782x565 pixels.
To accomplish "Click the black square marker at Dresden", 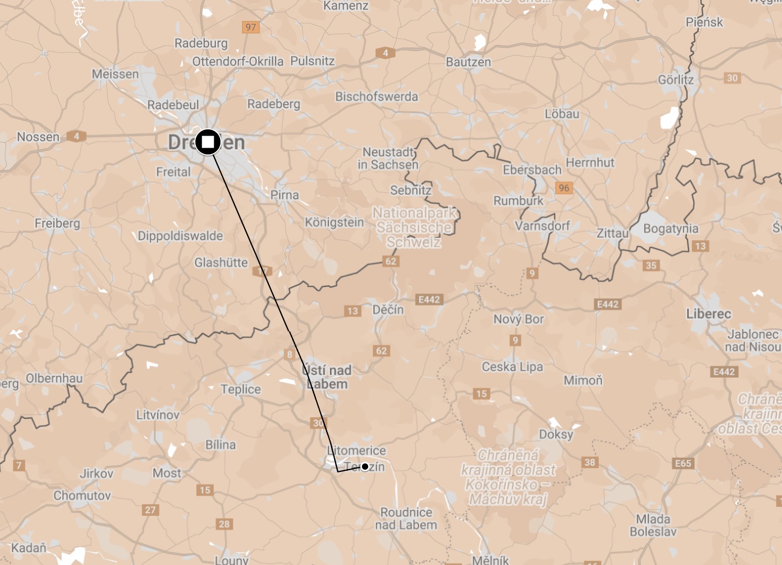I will coord(208,142).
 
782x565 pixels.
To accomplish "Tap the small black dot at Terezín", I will coord(365,467).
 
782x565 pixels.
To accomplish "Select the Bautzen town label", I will coord(468,62).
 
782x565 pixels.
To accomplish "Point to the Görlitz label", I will coord(676,80).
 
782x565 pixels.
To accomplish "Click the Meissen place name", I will coord(115,74).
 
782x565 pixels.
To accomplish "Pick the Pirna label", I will coord(284,195).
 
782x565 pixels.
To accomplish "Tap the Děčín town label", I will coord(388,309).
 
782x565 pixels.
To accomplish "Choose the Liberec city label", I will coord(709,314).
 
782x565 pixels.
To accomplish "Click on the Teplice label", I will coord(240,389).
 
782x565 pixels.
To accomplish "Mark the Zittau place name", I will coord(612,233).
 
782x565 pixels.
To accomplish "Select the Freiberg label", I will coord(57,223).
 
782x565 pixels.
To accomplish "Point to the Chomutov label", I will coord(82,495).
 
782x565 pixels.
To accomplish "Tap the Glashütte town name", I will coord(221,262).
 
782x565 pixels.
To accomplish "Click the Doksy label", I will coord(556,434).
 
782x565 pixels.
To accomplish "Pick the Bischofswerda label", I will coord(377,96).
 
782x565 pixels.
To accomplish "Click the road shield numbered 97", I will coord(251,27).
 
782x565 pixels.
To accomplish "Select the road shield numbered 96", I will coord(564,187).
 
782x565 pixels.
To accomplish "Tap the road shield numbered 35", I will coord(651,265).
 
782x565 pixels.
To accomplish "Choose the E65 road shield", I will coord(683,463).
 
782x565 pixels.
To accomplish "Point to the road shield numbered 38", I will coord(590,462).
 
